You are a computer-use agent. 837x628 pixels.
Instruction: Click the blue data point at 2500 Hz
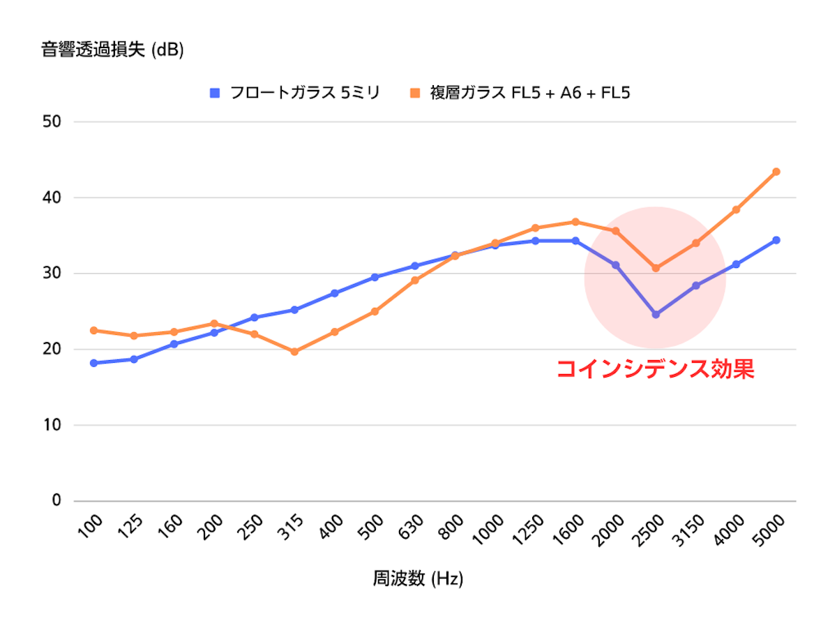coord(656,315)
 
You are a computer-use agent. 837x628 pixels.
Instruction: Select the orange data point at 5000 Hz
coord(776,172)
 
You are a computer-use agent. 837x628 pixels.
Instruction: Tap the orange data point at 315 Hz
coord(294,352)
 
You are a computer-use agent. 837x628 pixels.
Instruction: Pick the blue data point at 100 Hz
coord(93,363)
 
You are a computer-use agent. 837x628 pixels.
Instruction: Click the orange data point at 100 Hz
coord(93,330)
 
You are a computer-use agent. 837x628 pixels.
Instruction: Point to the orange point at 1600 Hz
coord(575,222)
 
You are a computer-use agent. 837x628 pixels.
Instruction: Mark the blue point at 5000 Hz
coord(776,240)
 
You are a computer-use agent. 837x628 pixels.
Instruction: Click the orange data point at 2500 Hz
coord(656,268)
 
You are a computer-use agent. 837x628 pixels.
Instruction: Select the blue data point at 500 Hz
coord(375,277)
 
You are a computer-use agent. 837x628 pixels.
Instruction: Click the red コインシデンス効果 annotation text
coord(655,369)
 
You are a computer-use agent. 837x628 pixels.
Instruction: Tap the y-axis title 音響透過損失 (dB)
coord(112,51)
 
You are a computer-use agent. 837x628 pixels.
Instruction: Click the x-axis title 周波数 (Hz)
coord(418,579)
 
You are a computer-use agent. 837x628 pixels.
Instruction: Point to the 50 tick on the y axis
coord(52,122)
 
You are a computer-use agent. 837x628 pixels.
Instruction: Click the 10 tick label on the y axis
coord(52,425)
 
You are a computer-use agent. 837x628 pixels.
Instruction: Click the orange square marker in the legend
coord(416,93)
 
